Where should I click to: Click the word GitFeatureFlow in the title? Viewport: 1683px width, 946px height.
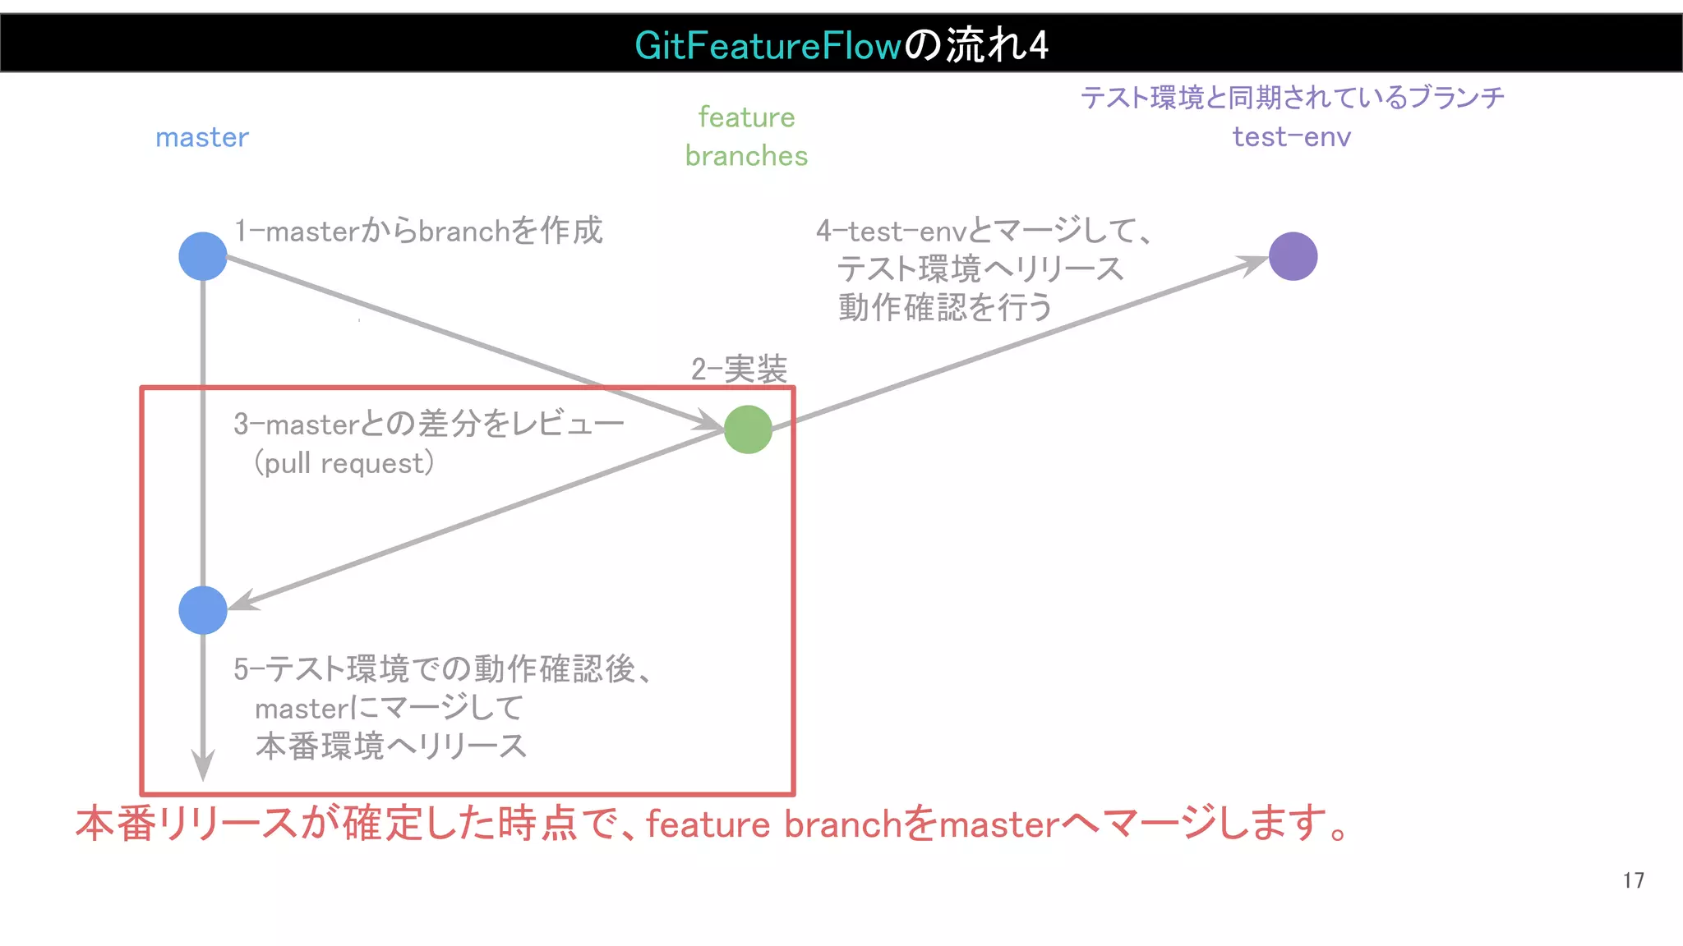768,45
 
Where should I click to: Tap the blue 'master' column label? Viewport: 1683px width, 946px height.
202,137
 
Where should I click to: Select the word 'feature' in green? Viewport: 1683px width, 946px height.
746,117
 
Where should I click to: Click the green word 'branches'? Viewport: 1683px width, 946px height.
746,156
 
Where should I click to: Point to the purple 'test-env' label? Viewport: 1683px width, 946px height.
1291,136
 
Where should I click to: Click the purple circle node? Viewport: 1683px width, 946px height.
1293,256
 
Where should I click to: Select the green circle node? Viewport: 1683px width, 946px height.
748,429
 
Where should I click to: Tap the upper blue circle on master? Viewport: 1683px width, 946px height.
203,256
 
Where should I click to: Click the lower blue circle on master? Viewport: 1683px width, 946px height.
203,610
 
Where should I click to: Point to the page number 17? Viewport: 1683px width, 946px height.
1633,880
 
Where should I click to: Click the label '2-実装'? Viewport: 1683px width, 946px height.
739,370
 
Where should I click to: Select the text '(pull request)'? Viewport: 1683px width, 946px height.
344,463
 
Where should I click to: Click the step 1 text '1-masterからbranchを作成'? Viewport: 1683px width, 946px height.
418,231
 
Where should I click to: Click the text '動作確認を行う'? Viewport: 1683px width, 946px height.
945,307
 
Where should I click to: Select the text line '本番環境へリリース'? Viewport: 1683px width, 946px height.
391,746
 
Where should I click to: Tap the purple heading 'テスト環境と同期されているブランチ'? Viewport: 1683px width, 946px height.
1292,98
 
